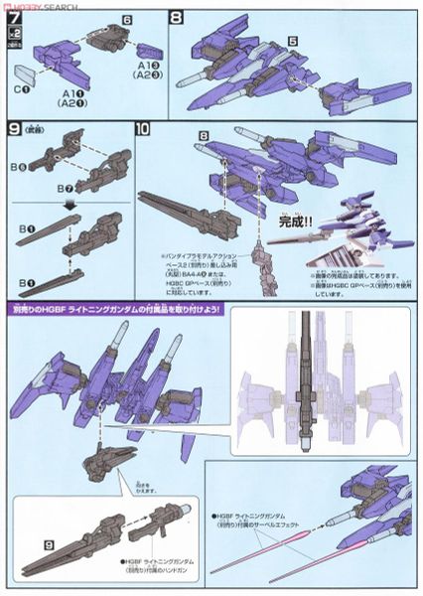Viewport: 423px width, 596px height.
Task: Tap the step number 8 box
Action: tap(177, 16)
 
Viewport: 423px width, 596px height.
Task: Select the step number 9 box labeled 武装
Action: tap(14, 129)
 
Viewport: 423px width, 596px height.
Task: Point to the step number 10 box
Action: tap(143, 129)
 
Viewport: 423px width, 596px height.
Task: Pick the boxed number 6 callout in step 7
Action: tap(99, 19)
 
